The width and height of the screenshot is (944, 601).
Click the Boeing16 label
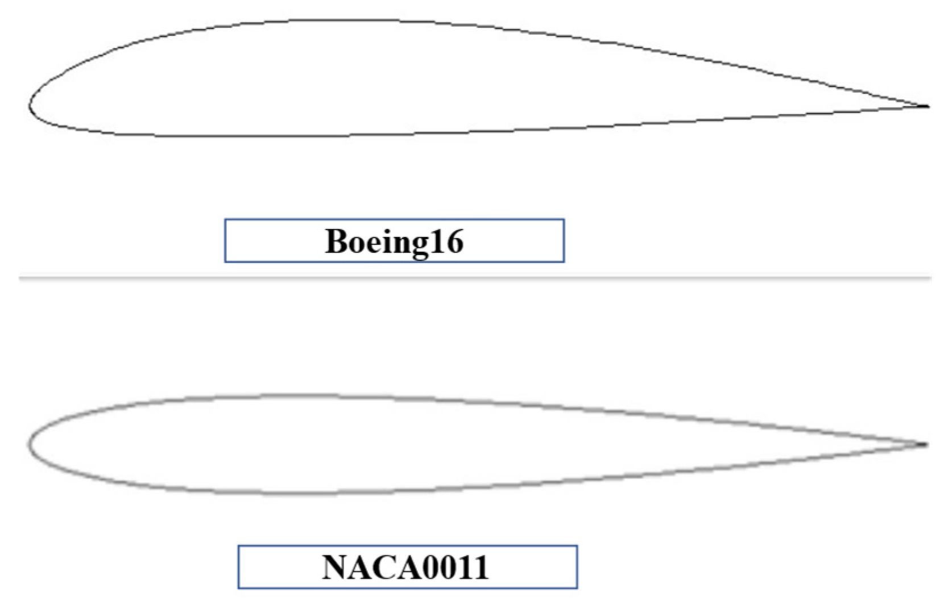tap(394, 241)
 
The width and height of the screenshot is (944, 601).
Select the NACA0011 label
tap(407, 567)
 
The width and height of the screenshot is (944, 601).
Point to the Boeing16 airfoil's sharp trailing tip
tap(928, 106)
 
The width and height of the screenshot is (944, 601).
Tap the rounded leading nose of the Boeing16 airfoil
tap(31, 105)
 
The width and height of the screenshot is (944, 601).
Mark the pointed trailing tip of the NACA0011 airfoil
tap(926, 444)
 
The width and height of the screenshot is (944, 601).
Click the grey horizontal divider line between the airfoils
tap(475, 278)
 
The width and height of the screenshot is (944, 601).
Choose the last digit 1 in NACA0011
tap(482, 567)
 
